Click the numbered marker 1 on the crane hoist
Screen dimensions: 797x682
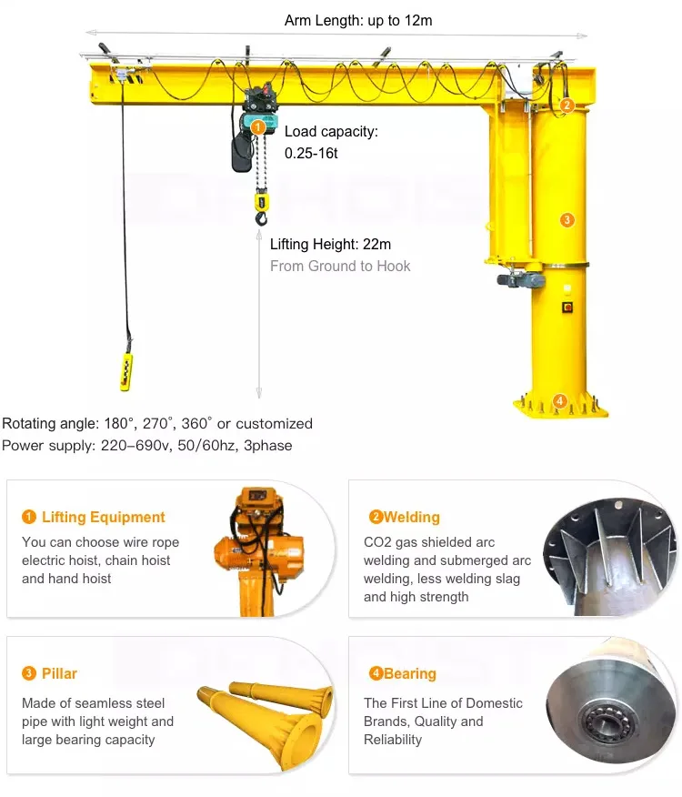tap(258, 127)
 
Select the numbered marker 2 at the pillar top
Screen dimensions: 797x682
tap(567, 105)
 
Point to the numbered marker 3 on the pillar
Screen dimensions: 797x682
tap(567, 219)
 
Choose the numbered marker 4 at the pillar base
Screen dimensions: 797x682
tap(560, 399)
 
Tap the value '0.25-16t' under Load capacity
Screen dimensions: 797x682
tap(311, 153)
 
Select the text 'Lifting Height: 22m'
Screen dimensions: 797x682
tap(330, 244)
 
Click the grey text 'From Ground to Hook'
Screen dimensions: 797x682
tap(340, 266)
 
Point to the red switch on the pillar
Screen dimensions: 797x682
tap(568, 306)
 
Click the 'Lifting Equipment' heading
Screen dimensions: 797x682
tap(103, 517)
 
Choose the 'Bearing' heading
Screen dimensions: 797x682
tap(409, 673)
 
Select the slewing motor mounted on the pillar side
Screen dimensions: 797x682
tap(521, 279)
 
